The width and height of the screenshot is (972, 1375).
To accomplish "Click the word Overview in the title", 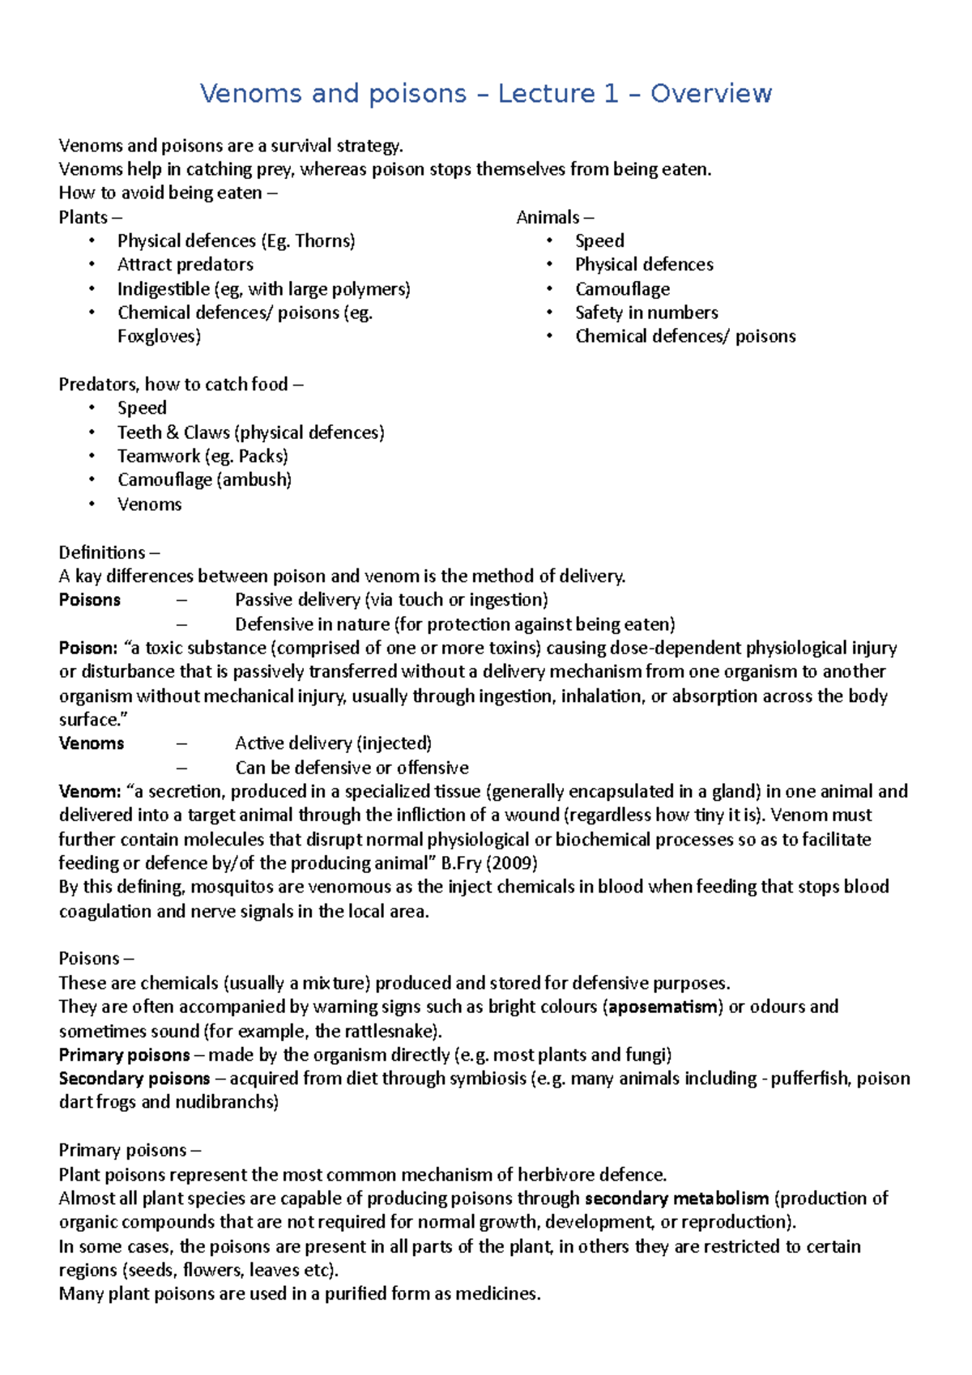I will (710, 94).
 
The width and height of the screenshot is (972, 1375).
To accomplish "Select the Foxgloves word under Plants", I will (159, 336).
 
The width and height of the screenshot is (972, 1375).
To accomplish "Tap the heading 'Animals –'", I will (555, 217).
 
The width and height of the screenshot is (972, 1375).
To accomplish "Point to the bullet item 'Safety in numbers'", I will (646, 313).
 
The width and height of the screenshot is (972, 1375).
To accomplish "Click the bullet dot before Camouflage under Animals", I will (549, 289).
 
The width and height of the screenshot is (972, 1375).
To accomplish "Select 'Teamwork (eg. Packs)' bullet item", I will (202, 456).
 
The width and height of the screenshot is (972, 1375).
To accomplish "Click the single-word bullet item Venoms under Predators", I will (149, 504).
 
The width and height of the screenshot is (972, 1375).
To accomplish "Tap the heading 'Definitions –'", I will (109, 552).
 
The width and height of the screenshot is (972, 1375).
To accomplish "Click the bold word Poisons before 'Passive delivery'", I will (90, 600).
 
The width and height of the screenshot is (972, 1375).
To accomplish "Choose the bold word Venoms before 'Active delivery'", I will (92, 743).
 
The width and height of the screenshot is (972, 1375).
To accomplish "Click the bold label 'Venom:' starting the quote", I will (89, 791).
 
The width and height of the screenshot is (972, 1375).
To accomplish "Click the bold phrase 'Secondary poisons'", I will (134, 1079).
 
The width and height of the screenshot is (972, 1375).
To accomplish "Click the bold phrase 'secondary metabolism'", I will (676, 1198).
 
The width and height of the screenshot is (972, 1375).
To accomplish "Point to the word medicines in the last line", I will (497, 1294).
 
